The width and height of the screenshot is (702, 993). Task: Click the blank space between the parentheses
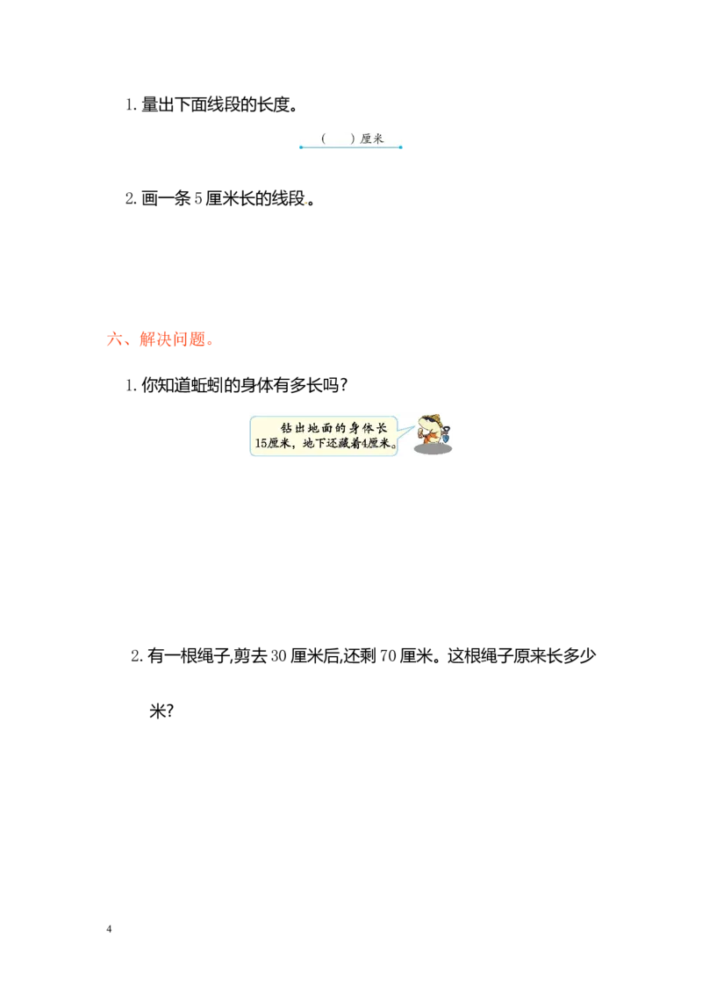point(338,139)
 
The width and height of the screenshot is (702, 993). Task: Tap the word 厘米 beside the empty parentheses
point(372,139)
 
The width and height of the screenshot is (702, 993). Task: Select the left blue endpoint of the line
point(300,148)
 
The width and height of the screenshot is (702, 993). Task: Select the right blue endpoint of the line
point(402,148)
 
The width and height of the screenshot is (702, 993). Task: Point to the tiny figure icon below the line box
point(305,204)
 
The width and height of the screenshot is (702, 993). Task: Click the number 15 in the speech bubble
point(261,444)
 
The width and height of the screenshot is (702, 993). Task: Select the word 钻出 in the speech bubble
point(290,427)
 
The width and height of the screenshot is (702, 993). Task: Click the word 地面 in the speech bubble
point(321,427)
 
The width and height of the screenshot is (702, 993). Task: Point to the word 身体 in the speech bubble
point(360,427)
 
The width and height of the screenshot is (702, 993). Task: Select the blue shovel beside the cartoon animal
point(446,433)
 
